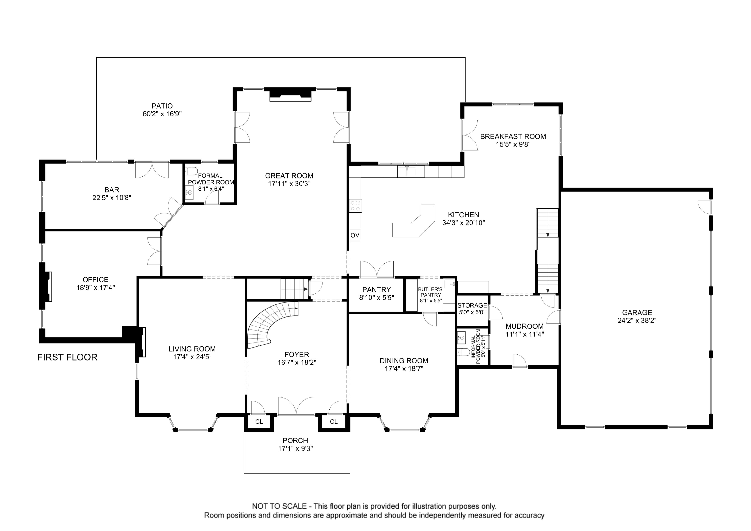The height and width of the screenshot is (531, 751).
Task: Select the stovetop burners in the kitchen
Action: pos(355,206)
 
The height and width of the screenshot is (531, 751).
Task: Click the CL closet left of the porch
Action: pos(259,422)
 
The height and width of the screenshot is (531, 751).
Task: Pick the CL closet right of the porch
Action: pos(334,422)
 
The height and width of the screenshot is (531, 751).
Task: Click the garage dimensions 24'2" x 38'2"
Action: pos(637,321)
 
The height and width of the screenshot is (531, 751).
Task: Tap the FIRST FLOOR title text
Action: pos(67,357)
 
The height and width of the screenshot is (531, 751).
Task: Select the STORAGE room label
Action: pos(472,305)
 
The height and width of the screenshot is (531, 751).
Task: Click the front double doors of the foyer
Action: pos(296,407)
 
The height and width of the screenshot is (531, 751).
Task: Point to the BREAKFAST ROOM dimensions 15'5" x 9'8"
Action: pos(513,144)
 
